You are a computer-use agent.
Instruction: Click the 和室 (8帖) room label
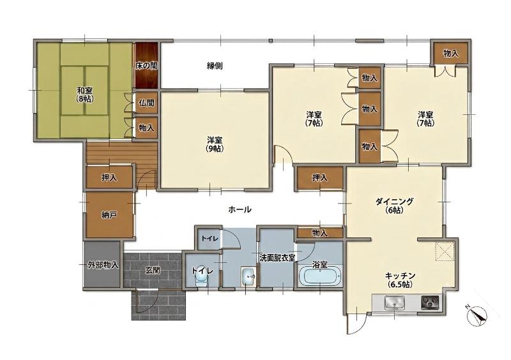pyautogui.click(x=84, y=94)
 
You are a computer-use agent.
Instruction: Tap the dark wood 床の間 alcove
pyautogui.click(x=147, y=65)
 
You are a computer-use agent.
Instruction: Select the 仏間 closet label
pyautogui.click(x=146, y=103)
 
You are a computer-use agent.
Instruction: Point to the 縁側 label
pyautogui.click(x=215, y=66)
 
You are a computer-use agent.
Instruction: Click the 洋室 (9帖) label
pyautogui.click(x=215, y=144)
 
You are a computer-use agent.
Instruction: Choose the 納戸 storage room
pyautogui.click(x=109, y=214)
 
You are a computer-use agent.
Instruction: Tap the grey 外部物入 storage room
pyautogui.click(x=102, y=264)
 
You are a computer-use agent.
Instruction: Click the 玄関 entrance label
pyautogui.click(x=152, y=270)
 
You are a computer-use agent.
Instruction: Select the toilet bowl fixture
pyautogui.click(x=201, y=278)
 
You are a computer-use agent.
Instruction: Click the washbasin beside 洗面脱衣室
pyautogui.click(x=248, y=277)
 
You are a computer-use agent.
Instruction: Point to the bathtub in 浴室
pyautogui.click(x=320, y=276)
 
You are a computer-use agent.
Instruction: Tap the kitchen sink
pyautogui.click(x=394, y=303)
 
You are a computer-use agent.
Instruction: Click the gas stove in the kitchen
pyautogui.click(x=430, y=303)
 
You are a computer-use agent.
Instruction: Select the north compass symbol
pyautogui.click(x=477, y=315)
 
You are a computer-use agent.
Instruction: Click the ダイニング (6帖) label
pyautogui.click(x=394, y=206)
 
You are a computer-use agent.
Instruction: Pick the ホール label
pyautogui.click(x=240, y=209)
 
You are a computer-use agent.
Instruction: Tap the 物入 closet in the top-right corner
pyautogui.click(x=450, y=54)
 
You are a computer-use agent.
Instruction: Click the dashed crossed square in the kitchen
pyautogui.click(x=445, y=251)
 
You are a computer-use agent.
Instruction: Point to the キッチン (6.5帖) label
pyautogui.click(x=400, y=280)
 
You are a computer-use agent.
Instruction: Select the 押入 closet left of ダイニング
pyautogui.click(x=320, y=178)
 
